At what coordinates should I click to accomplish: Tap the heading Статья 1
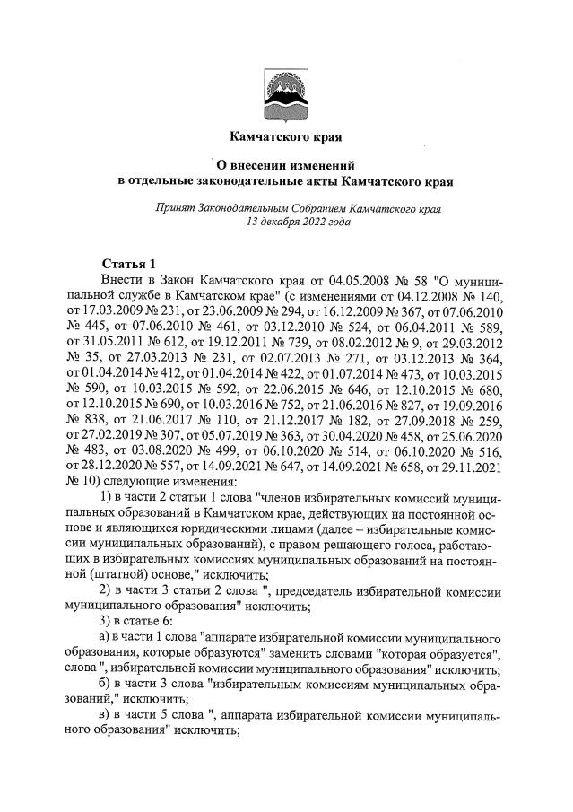pyautogui.click(x=129, y=264)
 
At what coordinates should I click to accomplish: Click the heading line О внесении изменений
pyautogui.click(x=287, y=166)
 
